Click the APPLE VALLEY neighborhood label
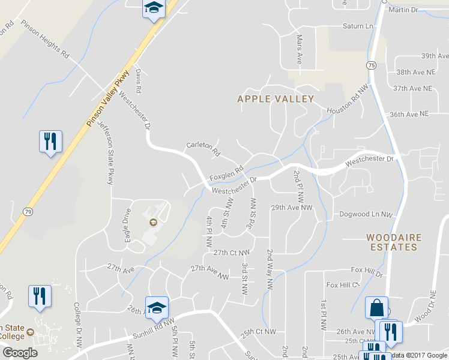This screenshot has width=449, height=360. [x=276, y=99]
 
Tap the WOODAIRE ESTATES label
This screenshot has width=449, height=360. [x=392, y=242]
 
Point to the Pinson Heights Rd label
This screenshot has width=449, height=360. [x=45, y=40]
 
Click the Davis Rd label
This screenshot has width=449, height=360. [x=138, y=80]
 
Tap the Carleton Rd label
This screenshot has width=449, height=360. [x=203, y=149]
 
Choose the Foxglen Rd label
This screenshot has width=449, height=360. [x=226, y=173]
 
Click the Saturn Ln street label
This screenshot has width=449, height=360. [x=358, y=26]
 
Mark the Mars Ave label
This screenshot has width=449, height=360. [x=299, y=49]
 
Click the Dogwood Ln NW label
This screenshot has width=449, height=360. [x=366, y=214]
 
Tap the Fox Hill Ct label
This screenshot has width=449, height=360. [x=342, y=284]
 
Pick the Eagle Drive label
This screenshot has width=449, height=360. [x=125, y=224]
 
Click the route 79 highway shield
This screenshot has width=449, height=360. [x=28, y=211]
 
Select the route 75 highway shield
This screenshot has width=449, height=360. [x=372, y=65]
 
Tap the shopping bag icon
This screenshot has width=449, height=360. [x=376, y=308]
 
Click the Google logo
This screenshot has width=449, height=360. [x=20, y=353]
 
